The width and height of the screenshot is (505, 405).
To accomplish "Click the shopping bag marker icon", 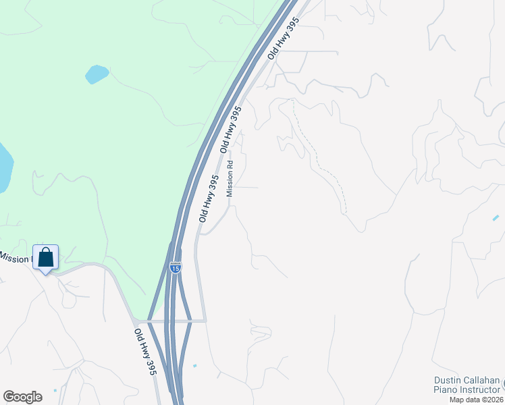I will (x=45, y=258).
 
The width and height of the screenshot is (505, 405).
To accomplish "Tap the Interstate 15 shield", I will (x=176, y=268).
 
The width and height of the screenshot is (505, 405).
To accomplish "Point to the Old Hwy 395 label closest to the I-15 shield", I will (x=209, y=199).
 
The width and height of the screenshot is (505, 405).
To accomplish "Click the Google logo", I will (x=23, y=397).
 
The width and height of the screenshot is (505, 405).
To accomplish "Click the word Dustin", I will (x=448, y=381).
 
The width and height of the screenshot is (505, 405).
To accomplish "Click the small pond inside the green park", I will (x=97, y=74).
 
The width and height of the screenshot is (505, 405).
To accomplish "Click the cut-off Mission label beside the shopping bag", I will (x=15, y=258).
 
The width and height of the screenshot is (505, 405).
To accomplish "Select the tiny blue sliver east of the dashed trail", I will (x=496, y=217).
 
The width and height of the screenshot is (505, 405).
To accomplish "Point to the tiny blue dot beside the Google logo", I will (x=55, y=390).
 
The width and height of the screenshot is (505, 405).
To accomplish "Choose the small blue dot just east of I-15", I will (x=194, y=366).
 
